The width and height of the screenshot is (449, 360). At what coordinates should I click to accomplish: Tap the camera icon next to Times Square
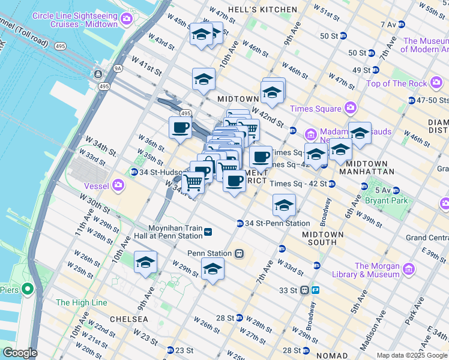351,109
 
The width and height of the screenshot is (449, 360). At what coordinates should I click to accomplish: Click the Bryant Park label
391,200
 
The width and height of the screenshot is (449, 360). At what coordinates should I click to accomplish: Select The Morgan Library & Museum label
380,270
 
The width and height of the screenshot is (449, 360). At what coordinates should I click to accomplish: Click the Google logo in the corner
19,352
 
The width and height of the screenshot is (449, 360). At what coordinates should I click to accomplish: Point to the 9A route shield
102,69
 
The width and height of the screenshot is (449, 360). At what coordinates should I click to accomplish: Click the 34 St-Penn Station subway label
277,223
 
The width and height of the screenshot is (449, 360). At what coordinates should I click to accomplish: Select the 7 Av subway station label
388,25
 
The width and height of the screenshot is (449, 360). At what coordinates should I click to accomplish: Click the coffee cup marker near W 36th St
179,127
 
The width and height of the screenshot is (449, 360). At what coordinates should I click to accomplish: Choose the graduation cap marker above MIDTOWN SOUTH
284,205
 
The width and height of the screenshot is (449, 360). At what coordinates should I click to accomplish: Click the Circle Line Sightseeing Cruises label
75,20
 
